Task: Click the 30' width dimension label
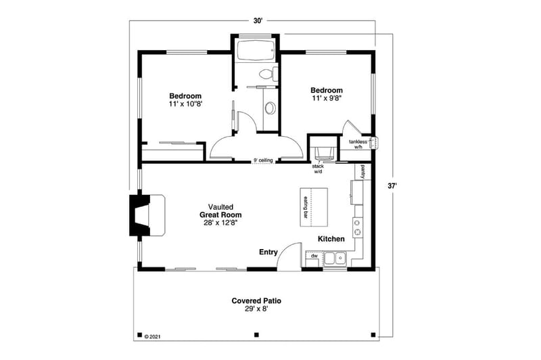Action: pyautogui.click(x=258, y=21)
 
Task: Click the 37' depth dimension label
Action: pyautogui.click(x=392, y=185)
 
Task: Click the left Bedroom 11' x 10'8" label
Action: pyautogui.click(x=185, y=100)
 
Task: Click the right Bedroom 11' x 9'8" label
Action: pyautogui.click(x=327, y=94)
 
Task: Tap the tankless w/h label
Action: pyautogui.click(x=358, y=145)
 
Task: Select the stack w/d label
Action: pyautogui.click(x=318, y=168)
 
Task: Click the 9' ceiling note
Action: pyautogui.click(x=264, y=160)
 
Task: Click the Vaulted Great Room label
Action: pyautogui.click(x=221, y=214)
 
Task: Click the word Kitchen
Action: pyautogui.click(x=331, y=239)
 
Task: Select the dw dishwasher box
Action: pyautogui.click(x=314, y=256)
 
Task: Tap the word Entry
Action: pyautogui.click(x=268, y=252)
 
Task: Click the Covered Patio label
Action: pyautogui.click(x=256, y=304)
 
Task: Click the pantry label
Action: pyautogui.click(x=363, y=171)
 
